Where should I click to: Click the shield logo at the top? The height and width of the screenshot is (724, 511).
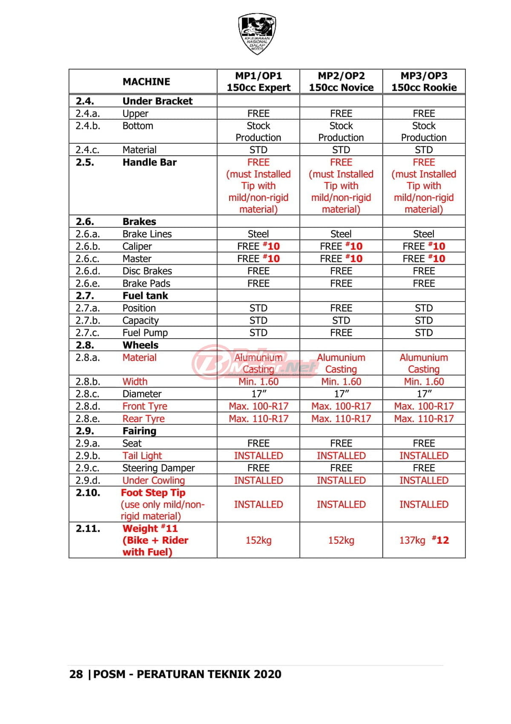pyautogui.click(x=257, y=34)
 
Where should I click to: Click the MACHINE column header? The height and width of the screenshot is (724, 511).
pyautogui.click(x=146, y=82)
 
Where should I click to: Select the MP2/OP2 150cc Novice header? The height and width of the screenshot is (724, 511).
pyautogui.click(x=341, y=82)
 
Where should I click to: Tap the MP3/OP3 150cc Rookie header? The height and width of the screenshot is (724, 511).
pyautogui.click(x=424, y=82)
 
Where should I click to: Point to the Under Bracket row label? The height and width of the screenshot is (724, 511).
pyautogui.click(x=157, y=101)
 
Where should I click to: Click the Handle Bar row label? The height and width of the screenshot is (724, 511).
pyautogui.click(x=149, y=162)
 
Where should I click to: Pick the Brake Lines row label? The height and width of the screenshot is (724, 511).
pyautogui.click(x=147, y=234)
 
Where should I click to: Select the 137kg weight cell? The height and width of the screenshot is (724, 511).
pyautogui.click(x=412, y=540)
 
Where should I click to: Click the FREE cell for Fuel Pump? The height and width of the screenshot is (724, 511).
pyautogui.click(x=341, y=333)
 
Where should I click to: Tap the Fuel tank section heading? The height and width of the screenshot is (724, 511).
pyautogui.click(x=145, y=296)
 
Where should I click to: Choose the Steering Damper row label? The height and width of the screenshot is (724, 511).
pyautogui.click(x=158, y=468)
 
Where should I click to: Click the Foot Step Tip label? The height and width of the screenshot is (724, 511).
pyautogui.click(x=153, y=493)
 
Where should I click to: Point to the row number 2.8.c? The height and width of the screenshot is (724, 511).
pyautogui.click(x=87, y=394)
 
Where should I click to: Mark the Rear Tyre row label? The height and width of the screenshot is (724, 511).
pyautogui.click(x=143, y=419)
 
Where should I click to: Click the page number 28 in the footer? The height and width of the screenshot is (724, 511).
pyautogui.click(x=76, y=674)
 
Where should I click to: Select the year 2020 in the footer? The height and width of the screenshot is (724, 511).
pyautogui.click(x=267, y=674)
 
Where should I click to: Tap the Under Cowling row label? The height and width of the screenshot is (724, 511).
pyautogui.click(x=153, y=480)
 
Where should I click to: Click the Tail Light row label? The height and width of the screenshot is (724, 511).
pyautogui.click(x=142, y=456)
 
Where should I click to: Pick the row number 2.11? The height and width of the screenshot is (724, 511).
pyautogui.click(x=88, y=529)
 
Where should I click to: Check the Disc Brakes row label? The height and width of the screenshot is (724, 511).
pyautogui.click(x=147, y=271)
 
